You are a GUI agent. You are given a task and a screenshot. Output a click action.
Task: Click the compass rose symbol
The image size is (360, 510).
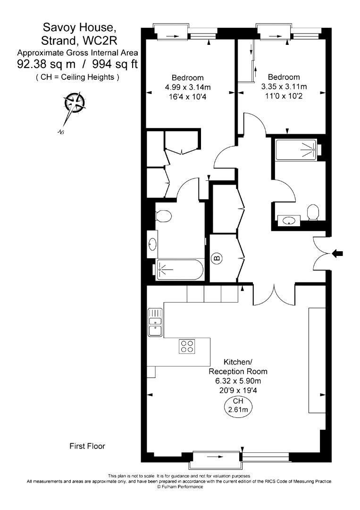pos(74,102)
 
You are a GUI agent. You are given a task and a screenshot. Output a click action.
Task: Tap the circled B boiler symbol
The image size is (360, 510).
pos(217,259)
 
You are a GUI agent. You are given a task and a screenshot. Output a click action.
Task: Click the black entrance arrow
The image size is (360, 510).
pos(338,254)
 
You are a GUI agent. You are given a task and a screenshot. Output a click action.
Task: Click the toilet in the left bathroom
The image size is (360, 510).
pos(163,215)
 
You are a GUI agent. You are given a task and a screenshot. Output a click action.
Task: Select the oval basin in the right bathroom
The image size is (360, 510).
pos(288,220)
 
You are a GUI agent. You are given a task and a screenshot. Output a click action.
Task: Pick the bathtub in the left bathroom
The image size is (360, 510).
pos(179,270)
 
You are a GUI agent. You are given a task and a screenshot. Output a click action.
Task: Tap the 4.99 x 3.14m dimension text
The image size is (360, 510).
pos(187,87)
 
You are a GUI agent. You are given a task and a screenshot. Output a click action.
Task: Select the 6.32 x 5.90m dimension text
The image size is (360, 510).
pos(234,381)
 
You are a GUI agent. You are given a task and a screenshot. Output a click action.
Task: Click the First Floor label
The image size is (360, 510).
pos(87,446)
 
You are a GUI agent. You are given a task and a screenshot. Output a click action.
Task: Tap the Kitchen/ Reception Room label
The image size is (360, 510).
pos(234,366)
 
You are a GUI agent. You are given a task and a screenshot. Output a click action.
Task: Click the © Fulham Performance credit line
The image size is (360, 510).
pos(180,486)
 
